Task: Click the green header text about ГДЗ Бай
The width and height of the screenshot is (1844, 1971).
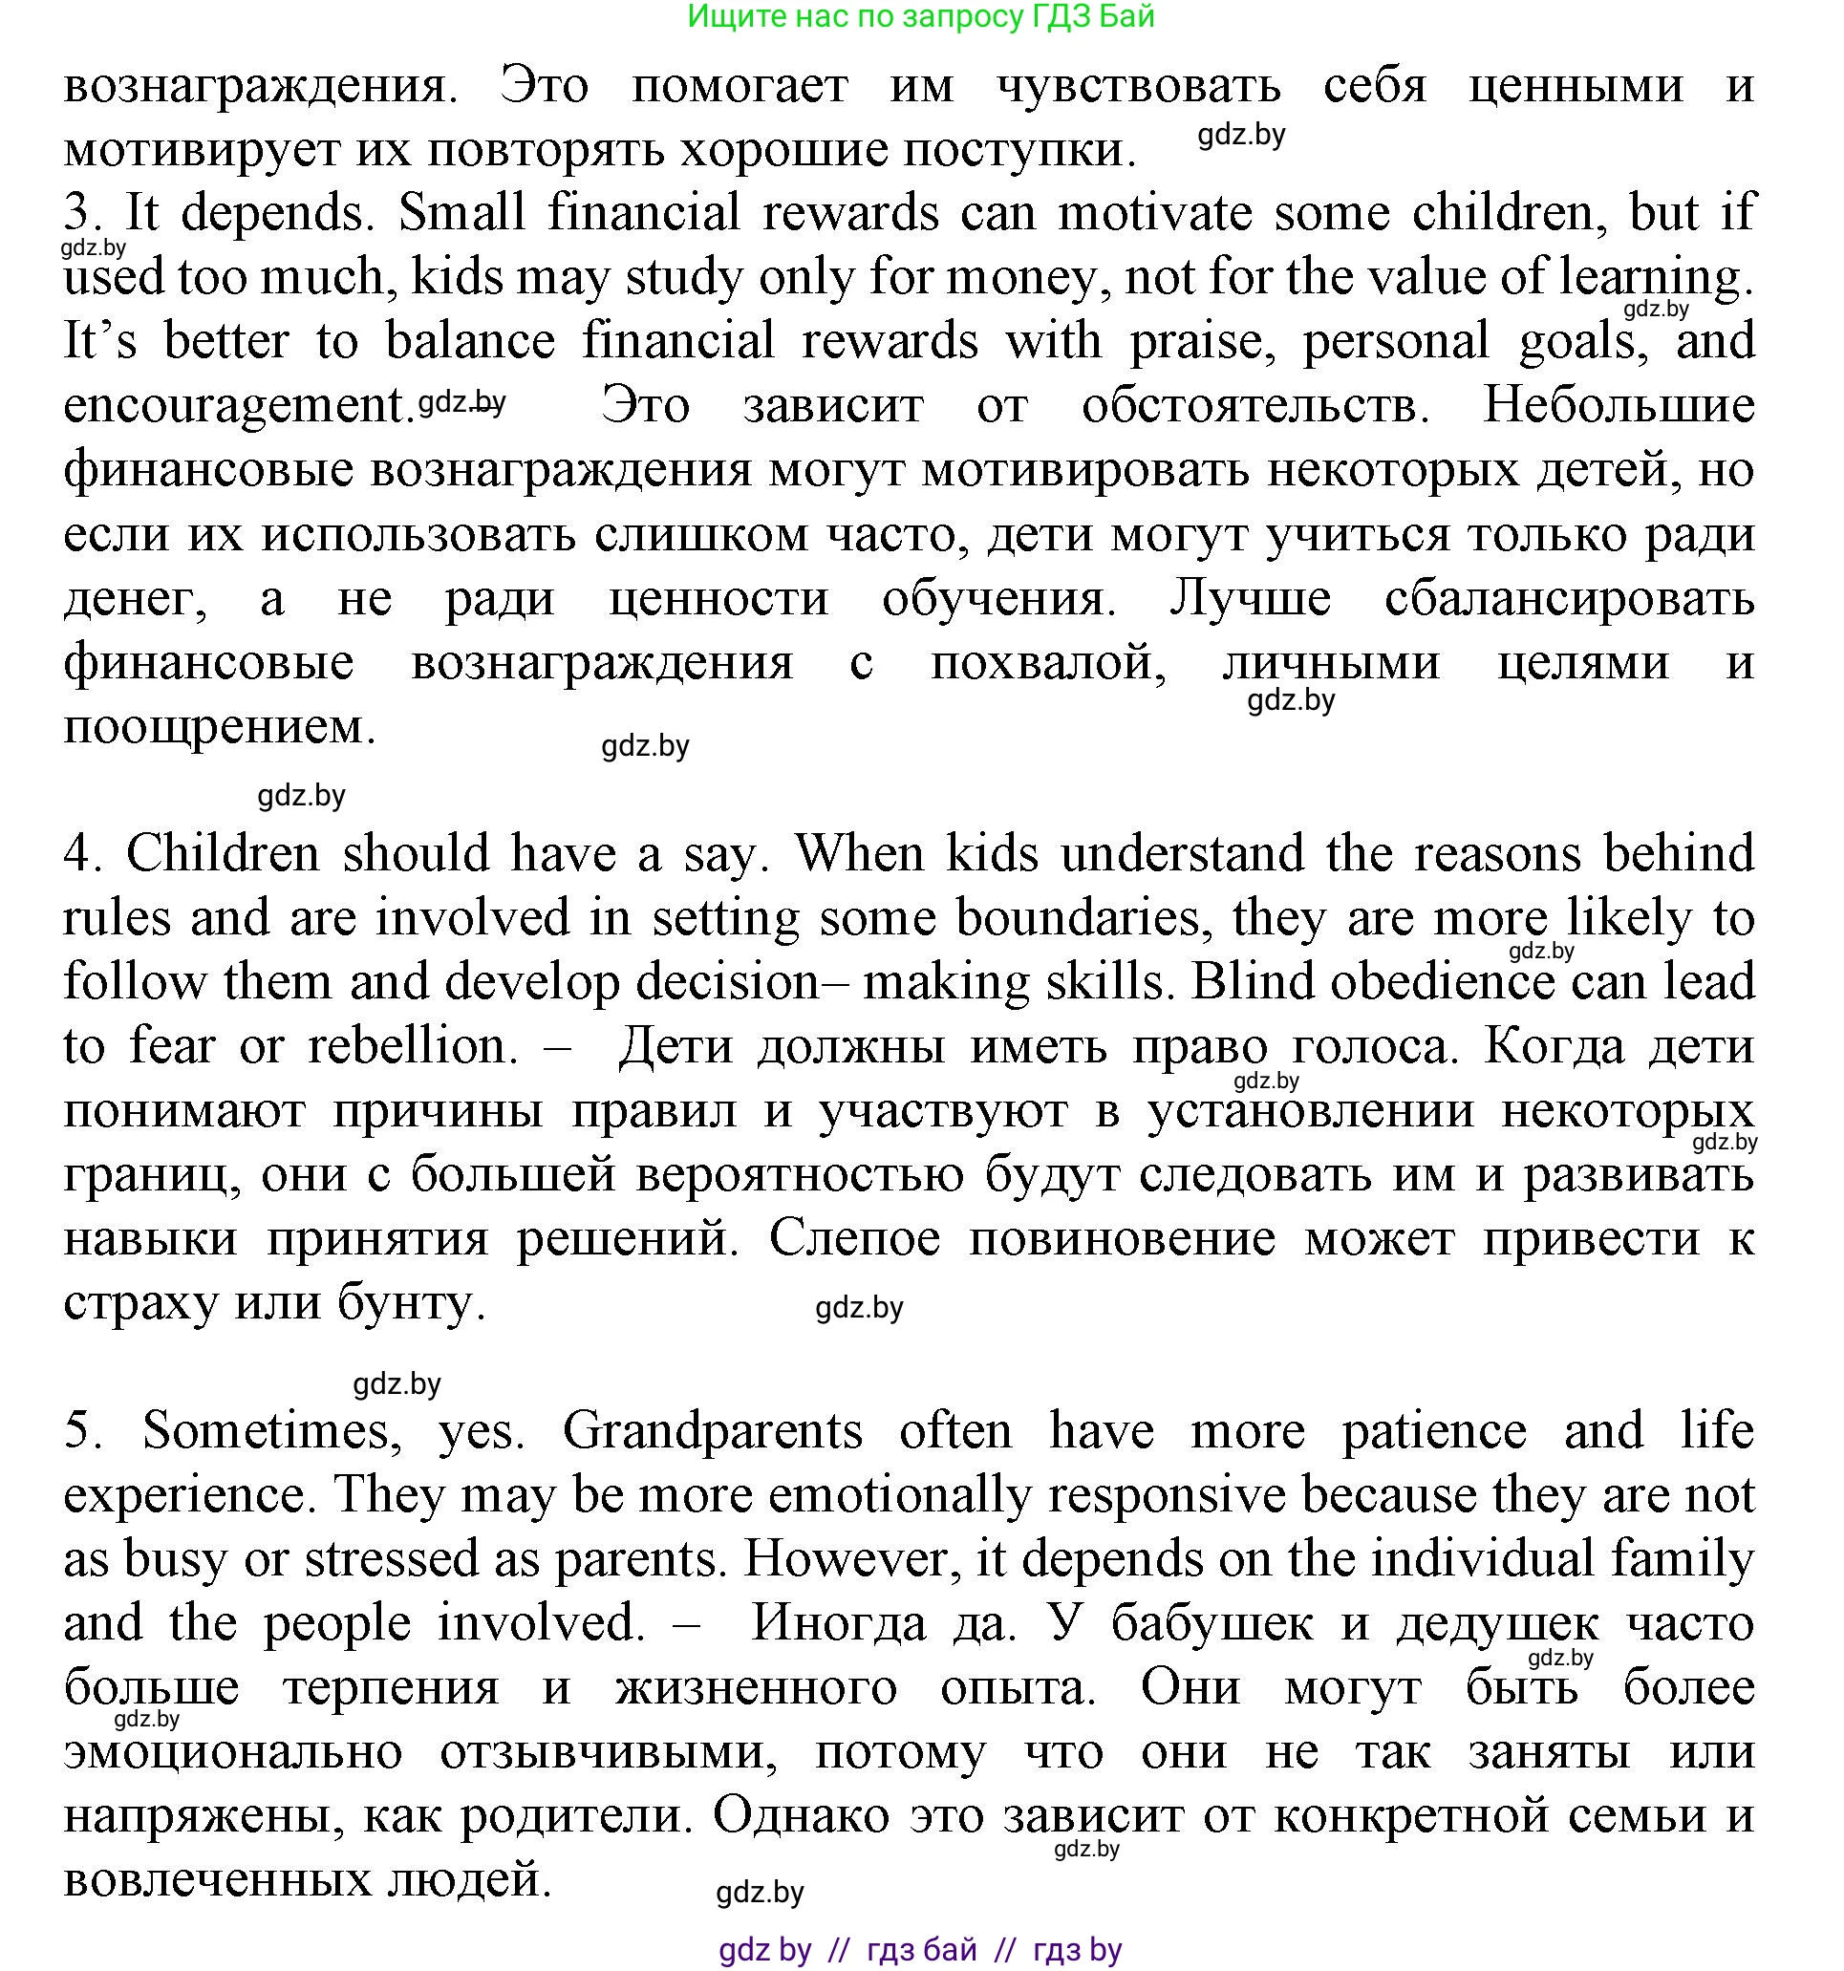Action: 920,17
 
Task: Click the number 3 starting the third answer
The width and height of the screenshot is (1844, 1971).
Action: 76,213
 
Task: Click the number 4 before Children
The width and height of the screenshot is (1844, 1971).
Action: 78,853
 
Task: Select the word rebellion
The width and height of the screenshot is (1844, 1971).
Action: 405,1046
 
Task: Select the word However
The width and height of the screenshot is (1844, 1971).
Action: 851,1559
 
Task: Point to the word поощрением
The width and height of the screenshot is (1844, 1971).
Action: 219,727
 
